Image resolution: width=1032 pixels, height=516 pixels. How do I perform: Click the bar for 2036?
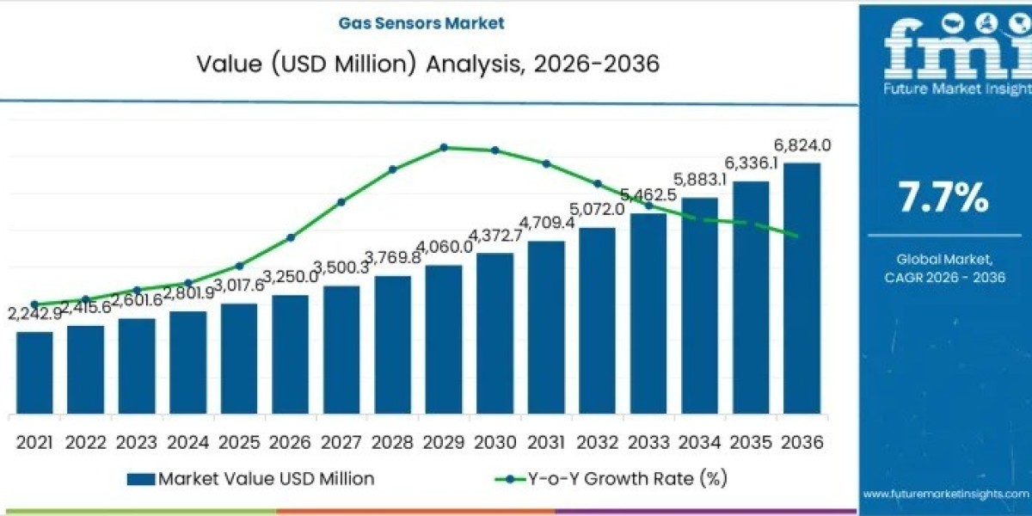802,288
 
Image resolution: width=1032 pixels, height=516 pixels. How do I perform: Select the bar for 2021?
34,372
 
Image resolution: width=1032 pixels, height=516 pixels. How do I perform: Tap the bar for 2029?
444,340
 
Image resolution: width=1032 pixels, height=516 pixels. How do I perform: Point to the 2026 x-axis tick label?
290,442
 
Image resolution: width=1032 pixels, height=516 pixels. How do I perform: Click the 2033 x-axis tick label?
648,442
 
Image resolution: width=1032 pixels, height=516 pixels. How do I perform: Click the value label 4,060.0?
444,247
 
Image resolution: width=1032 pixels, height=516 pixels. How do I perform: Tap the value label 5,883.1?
699,180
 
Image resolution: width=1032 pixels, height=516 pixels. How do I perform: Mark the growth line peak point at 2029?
444,147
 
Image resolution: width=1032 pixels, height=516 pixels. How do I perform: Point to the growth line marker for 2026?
291,237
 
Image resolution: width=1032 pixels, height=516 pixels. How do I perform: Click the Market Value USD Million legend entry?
250,479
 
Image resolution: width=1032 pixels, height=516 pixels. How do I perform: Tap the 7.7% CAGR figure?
943,198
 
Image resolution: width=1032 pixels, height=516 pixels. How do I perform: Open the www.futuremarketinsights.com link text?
945,494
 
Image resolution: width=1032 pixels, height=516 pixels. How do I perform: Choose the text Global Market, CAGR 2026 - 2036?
944,267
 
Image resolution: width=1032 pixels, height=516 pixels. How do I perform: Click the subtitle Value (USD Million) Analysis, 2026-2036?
428,64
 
